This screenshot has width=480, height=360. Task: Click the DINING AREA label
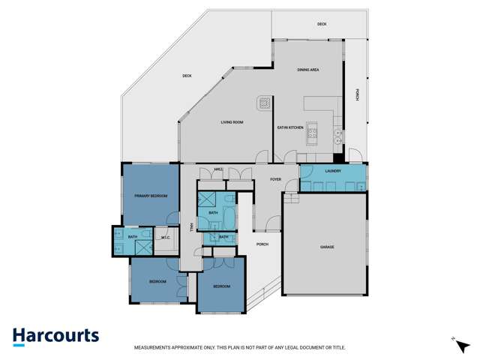point(308,70)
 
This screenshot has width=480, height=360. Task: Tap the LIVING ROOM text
point(232,121)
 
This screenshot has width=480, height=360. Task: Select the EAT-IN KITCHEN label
point(290,128)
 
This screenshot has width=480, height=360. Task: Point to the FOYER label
point(276,178)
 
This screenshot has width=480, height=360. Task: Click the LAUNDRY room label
point(333,171)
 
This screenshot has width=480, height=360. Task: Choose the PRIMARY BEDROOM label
point(151,196)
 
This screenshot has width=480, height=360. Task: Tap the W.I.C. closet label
point(166,238)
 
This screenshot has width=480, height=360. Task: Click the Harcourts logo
point(55,335)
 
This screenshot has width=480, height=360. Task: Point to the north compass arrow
point(454,340)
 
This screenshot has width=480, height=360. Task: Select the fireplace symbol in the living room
point(264,102)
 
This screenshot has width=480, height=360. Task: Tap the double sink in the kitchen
point(338,137)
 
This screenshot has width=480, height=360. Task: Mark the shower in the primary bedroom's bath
point(118,238)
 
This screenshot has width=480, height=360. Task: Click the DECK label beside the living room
point(187,75)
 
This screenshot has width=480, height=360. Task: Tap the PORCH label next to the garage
point(262,244)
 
